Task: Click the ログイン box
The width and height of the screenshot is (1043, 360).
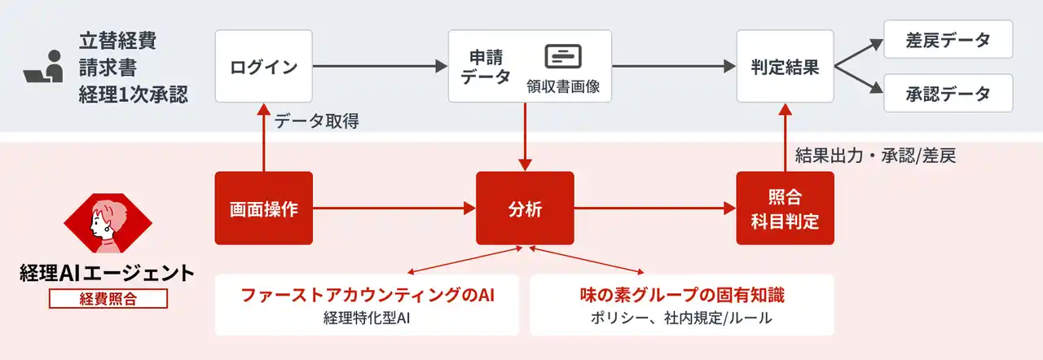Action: click(263, 67)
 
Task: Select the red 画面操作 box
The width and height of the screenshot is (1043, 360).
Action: click(263, 209)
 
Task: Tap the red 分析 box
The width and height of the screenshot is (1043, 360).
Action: click(525, 209)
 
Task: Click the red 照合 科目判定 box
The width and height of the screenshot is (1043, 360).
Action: click(785, 209)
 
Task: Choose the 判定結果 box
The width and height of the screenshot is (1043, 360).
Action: click(785, 67)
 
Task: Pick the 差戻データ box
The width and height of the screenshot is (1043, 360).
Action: click(948, 39)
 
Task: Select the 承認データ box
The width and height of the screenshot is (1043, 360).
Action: click(948, 94)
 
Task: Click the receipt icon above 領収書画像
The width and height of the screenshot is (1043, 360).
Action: click(563, 56)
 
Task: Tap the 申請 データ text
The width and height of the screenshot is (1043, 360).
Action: click(486, 67)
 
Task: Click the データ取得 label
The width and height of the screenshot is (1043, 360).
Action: click(316, 122)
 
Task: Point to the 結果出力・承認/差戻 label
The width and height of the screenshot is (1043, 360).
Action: click(874, 156)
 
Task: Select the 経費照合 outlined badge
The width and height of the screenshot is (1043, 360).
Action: click(108, 298)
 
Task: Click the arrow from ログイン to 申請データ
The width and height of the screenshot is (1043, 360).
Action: click(380, 66)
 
